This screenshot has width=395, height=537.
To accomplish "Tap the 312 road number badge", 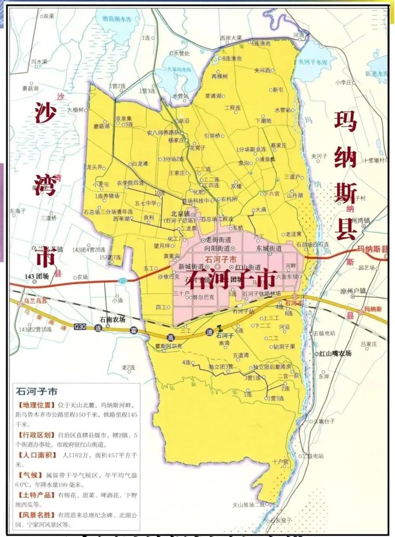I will click(x=123, y=280).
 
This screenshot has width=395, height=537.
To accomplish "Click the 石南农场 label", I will click(x=112, y=319).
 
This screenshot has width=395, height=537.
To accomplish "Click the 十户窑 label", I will click(x=280, y=461).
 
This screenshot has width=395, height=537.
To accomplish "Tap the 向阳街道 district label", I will click(x=217, y=248).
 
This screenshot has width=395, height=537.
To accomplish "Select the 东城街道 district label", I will click(x=269, y=248).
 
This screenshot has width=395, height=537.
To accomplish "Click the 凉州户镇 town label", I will click(x=353, y=291).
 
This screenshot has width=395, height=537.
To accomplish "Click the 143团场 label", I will click(x=36, y=276).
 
